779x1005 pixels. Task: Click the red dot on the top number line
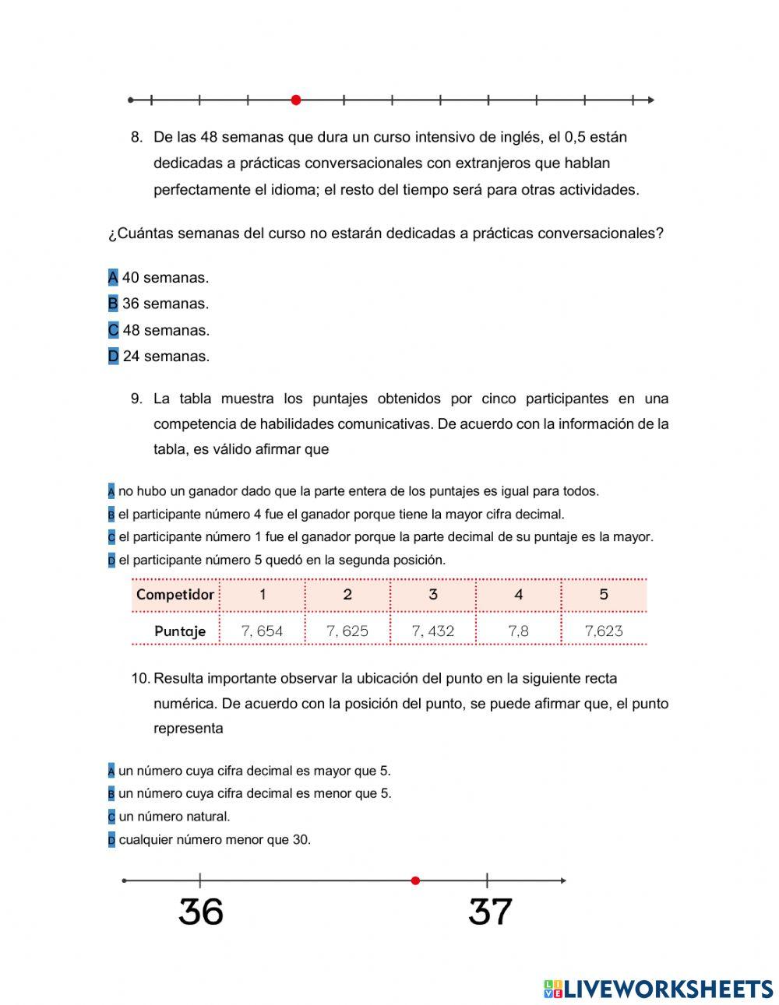pos(295,100)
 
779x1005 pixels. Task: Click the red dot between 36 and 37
pos(415,880)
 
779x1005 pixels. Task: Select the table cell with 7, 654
pos(262,631)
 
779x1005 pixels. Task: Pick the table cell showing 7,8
pos(518,631)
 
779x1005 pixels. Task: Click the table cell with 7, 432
pos(432,631)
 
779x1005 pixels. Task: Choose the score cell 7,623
pos(604,631)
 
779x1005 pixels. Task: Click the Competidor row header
pos(175,595)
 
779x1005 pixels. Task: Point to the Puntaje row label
pos(180,631)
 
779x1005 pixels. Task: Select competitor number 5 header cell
pos(604,595)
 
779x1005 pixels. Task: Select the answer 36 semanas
pos(165,304)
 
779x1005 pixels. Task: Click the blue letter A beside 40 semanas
pos(113,278)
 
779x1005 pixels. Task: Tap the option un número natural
pos(174,817)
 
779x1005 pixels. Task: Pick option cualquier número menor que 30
pos(214,840)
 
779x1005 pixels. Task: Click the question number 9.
pos(136,399)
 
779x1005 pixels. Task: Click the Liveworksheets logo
pos(658,989)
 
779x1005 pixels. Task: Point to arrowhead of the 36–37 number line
pos(562,880)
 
